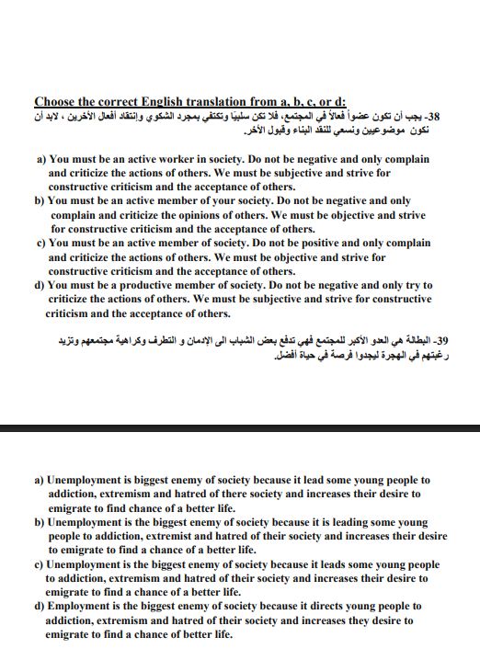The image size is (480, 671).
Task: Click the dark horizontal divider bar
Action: (240, 428)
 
